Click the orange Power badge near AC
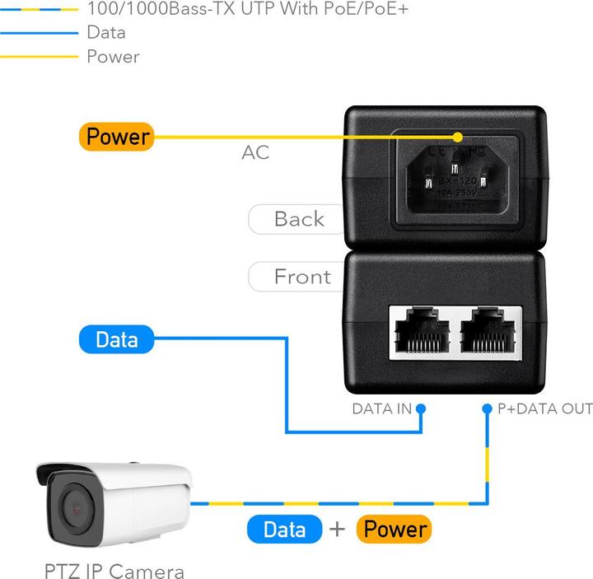click(x=116, y=137)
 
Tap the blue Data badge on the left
click(x=116, y=339)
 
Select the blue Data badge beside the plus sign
click(x=284, y=529)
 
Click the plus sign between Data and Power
click(x=337, y=529)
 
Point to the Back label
click(x=298, y=219)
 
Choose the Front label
click(x=301, y=277)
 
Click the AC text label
click(x=255, y=153)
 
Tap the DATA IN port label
click(x=381, y=409)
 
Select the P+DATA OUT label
click(x=545, y=409)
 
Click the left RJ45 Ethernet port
click(x=421, y=334)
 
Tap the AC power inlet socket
click(x=456, y=175)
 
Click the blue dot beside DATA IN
click(x=421, y=409)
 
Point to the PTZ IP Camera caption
click(x=114, y=571)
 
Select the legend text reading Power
click(x=113, y=57)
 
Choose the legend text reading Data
click(x=106, y=33)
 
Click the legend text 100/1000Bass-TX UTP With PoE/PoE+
click(x=247, y=10)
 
